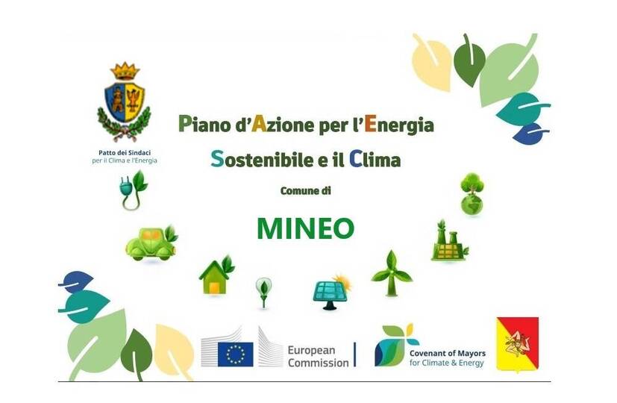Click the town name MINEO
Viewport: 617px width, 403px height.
tap(305, 228)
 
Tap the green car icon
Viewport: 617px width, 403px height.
tap(151, 243)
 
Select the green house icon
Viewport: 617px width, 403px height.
tap(216, 275)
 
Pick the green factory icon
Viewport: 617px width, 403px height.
tap(449, 241)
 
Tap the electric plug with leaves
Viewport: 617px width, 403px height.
tap(133, 190)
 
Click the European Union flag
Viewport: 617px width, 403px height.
tap(236, 354)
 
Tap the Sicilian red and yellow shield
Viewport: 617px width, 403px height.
tap(518, 344)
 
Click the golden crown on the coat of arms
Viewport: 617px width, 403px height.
tap(125, 71)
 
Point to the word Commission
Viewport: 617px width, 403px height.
tap(318, 363)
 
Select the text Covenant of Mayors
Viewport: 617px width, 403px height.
tap(448, 353)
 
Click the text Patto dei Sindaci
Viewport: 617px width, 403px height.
tap(125, 153)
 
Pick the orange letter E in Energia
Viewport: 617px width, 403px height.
tap(370, 124)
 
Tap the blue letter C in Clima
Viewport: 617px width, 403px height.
tap(355, 159)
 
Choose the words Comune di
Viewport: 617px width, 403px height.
tap(305, 191)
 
